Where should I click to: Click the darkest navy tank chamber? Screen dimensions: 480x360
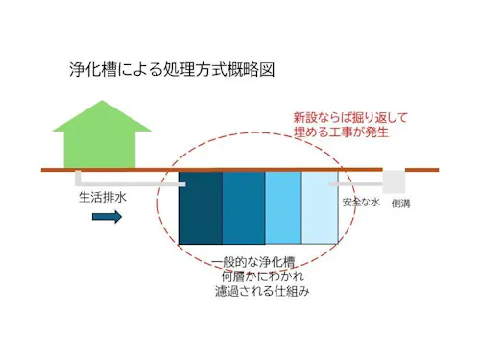200,207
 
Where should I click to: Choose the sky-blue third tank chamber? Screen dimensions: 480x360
283,207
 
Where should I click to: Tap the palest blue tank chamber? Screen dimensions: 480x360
320,207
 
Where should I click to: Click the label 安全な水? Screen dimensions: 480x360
361,203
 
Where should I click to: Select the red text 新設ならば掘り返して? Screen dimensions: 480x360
350,117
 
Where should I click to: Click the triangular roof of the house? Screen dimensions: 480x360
100,114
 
